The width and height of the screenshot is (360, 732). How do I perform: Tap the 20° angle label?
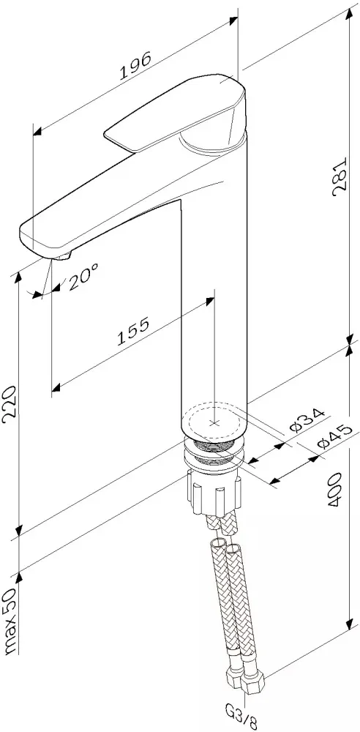[83, 276]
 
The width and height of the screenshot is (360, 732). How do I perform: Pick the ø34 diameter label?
[307, 420]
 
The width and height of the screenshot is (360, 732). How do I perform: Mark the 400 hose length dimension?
[336, 490]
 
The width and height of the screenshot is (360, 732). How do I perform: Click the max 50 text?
[11, 621]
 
